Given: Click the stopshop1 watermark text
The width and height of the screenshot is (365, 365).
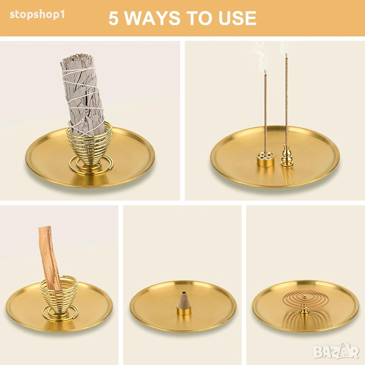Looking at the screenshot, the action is pyautogui.click(x=37, y=15).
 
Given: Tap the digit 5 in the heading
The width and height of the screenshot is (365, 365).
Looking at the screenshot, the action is pyautogui.click(x=114, y=18).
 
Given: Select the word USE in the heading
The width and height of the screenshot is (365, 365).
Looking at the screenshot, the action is pyautogui.click(x=237, y=18).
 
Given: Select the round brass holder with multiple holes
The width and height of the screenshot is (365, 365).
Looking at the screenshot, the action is pyautogui.click(x=265, y=159).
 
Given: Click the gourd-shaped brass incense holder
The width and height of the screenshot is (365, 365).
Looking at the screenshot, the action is pyautogui.click(x=287, y=156).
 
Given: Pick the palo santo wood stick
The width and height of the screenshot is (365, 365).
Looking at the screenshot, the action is pyautogui.click(x=49, y=258).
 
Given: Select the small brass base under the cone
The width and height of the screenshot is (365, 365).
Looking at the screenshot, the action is pyautogui.click(x=184, y=310).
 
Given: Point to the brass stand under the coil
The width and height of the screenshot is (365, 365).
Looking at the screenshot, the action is pyautogui.click(x=303, y=311).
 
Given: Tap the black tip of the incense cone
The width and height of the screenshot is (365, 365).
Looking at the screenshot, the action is pyautogui.click(x=184, y=292).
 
